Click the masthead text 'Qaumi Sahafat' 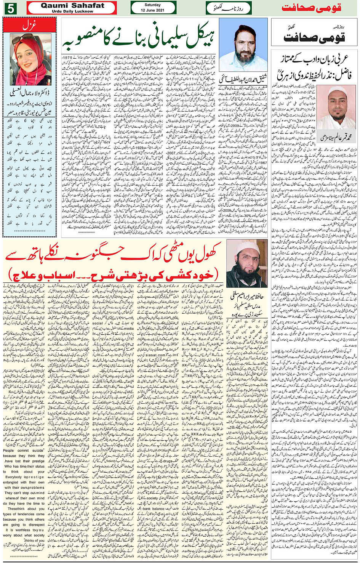(x=72, y=5)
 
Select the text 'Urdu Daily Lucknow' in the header (x=72, y=11)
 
